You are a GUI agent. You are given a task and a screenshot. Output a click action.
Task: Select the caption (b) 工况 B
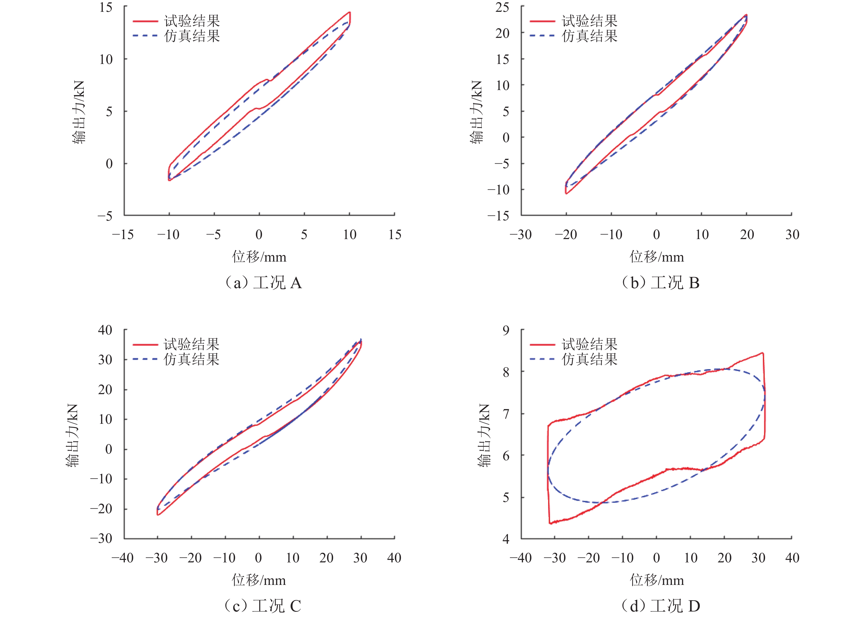660,283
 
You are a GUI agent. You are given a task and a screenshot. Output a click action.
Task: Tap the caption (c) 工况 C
263,605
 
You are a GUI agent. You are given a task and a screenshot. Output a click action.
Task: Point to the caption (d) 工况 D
660,605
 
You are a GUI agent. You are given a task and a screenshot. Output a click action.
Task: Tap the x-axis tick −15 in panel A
123,235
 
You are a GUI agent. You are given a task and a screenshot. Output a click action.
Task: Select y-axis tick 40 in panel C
105,330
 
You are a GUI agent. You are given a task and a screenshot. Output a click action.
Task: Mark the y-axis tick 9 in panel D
506,330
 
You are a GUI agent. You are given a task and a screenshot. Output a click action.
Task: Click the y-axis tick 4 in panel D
506,539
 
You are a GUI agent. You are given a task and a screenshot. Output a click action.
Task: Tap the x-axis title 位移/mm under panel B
657,257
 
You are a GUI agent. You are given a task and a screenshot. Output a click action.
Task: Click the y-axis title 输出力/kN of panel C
72,435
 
